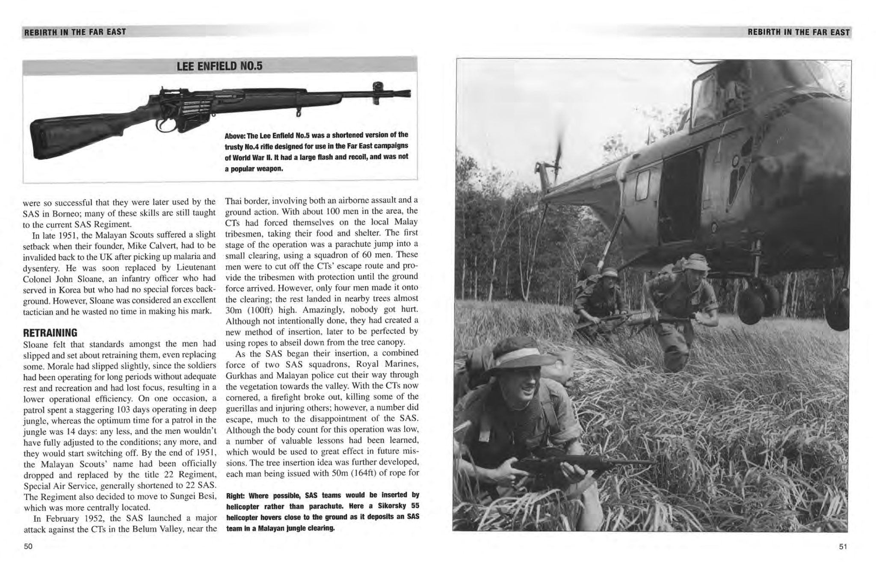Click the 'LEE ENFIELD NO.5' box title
tap(219, 66)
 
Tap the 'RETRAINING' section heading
tap(50, 333)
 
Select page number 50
tap(28, 546)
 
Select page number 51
tap(843, 546)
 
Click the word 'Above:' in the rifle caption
tap(235, 136)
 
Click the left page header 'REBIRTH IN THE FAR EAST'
tap(75, 32)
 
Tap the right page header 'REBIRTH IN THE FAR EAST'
tap(798, 32)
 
